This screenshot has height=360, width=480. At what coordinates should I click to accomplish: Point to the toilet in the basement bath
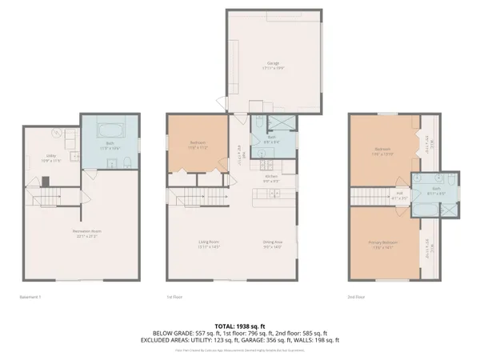click(x=128, y=162)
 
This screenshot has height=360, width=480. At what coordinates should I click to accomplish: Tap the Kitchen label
click(x=270, y=178)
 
